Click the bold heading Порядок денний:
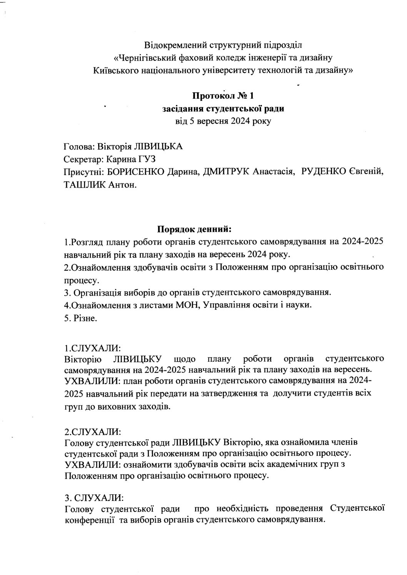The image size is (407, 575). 194,229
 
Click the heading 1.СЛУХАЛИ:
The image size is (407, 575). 93,348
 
